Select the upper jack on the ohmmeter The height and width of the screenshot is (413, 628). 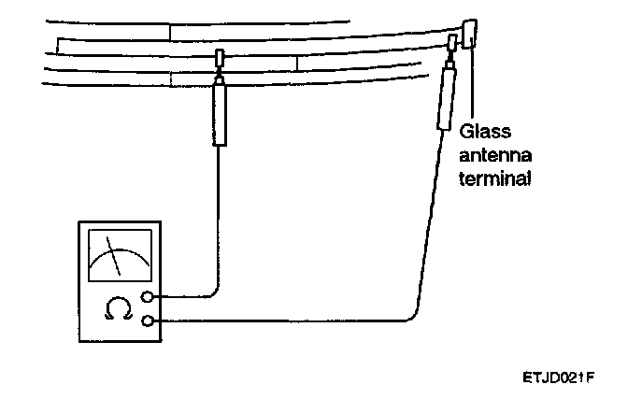point(148,298)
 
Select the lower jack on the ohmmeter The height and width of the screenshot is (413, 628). point(148,321)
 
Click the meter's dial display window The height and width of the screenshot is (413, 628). point(118,254)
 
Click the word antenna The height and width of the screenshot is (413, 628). point(494,154)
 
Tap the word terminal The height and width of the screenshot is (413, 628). point(496,175)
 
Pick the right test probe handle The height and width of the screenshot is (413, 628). point(444,99)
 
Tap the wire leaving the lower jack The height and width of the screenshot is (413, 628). point(280,321)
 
